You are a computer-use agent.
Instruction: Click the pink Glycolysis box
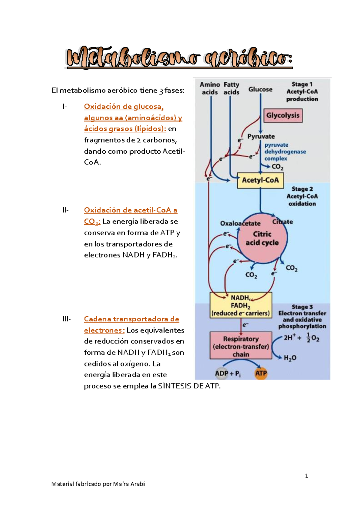click(283, 116)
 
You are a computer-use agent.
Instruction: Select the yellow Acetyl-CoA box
click(260, 180)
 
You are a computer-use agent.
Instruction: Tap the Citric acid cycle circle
click(262, 239)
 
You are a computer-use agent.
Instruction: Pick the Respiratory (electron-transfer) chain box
click(241, 346)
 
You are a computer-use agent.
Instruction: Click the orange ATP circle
click(261, 374)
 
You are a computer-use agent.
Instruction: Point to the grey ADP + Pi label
click(227, 374)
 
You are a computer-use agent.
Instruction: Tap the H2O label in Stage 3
click(290, 358)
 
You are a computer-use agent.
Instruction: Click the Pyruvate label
click(261, 137)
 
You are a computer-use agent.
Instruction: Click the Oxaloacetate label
click(240, 224)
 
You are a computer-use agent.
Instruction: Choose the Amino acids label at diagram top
click(210, 89)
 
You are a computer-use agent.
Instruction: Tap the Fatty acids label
click(231, 89)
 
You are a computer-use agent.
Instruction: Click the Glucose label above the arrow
click(260, 89)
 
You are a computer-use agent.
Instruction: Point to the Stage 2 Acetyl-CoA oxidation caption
click(302, 196)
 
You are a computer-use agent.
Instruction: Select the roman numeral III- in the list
click(66, 319)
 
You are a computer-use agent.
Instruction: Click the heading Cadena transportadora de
click(131, 319)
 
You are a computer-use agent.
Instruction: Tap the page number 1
click(306, 476)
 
